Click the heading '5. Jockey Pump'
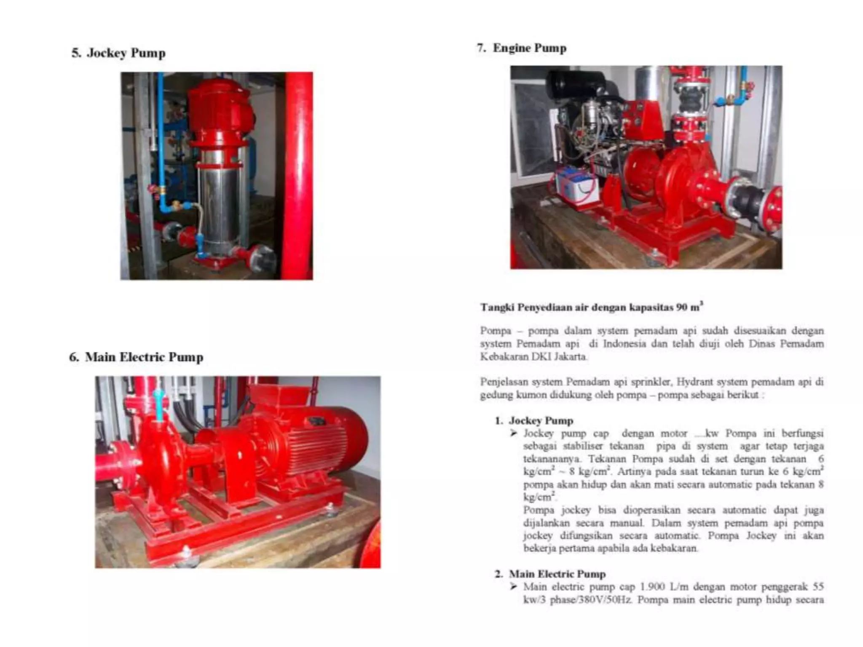pyautogui.click(x=118, y=53)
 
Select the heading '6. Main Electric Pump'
pyautogui.click(x=136, y=357)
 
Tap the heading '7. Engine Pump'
pyautogui.click(x=522, y=48)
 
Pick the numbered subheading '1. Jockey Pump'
pyautogui.click(x=534, y=420)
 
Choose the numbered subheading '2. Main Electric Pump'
pyautogui.click(x=550, y=574)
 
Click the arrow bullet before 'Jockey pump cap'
pyautogui.click(x=513, y=433)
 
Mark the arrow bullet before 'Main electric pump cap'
pyautogui.click(x=513, y=587)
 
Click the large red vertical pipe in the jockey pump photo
pyautogui.click(x=297, y=177)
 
